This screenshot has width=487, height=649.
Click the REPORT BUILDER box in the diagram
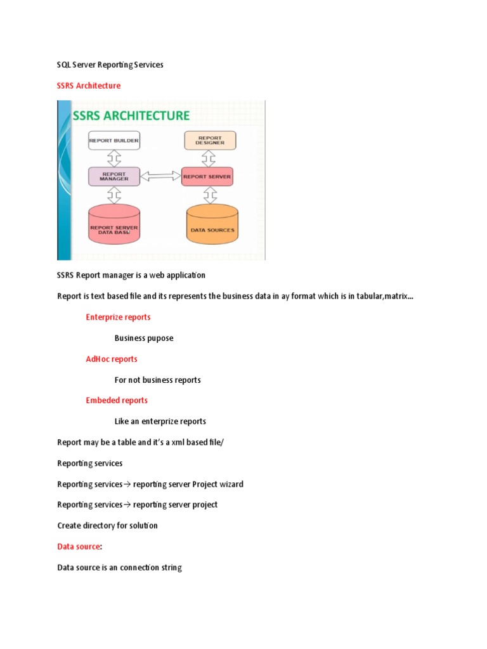click(x=114, y=140)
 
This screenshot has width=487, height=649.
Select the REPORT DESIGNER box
click(x=210, y=140)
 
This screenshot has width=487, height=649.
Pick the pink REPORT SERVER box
click(x=207, y=176)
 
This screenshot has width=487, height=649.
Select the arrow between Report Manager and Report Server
click(x=160, y=176)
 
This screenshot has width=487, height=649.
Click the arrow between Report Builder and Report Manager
click(x=114, y=158)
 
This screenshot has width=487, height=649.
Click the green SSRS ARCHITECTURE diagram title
click(x=131, y=116)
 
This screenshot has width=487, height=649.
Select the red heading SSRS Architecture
click(x=89, y=86)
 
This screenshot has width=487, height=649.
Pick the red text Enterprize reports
click(x=118, y=317)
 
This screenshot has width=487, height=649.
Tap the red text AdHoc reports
click(x=112, y=359)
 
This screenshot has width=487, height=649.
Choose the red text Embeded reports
click(x=117, y=400)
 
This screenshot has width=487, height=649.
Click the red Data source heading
click(x=79, y=546)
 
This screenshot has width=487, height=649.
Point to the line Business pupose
click(x=144, y=338)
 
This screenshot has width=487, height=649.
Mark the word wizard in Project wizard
click(x=230, y=484)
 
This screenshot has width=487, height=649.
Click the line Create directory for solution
click(x=107, y=525)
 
